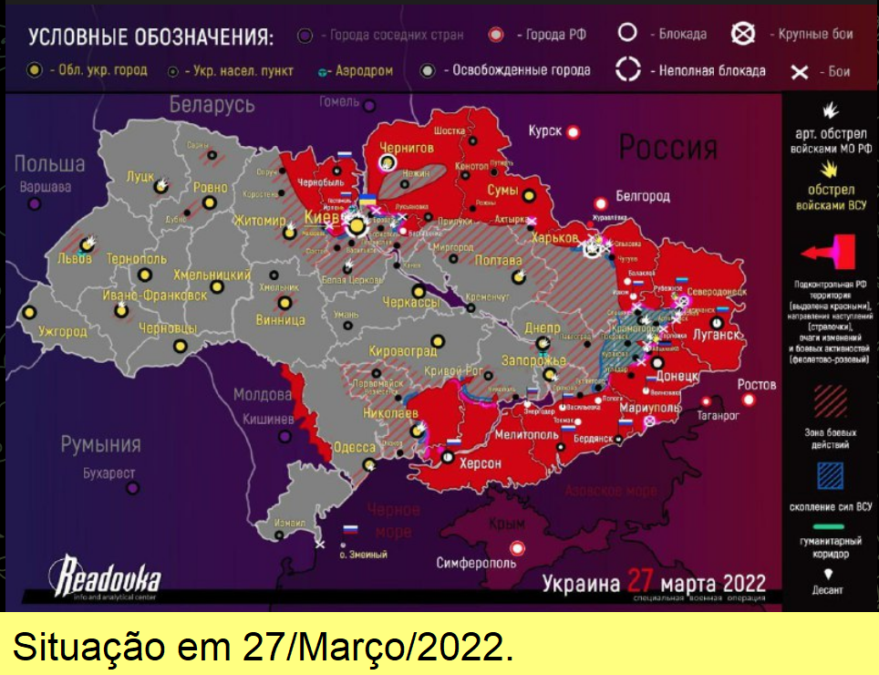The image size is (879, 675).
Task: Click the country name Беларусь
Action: (212, 104)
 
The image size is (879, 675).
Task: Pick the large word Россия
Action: (667, 145)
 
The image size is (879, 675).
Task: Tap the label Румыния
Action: (100, 445)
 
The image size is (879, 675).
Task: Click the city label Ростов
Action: (757, 384)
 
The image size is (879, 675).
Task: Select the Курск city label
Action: (545, 131)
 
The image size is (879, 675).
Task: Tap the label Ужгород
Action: (63, 333)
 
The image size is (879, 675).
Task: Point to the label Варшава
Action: (46, 187)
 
